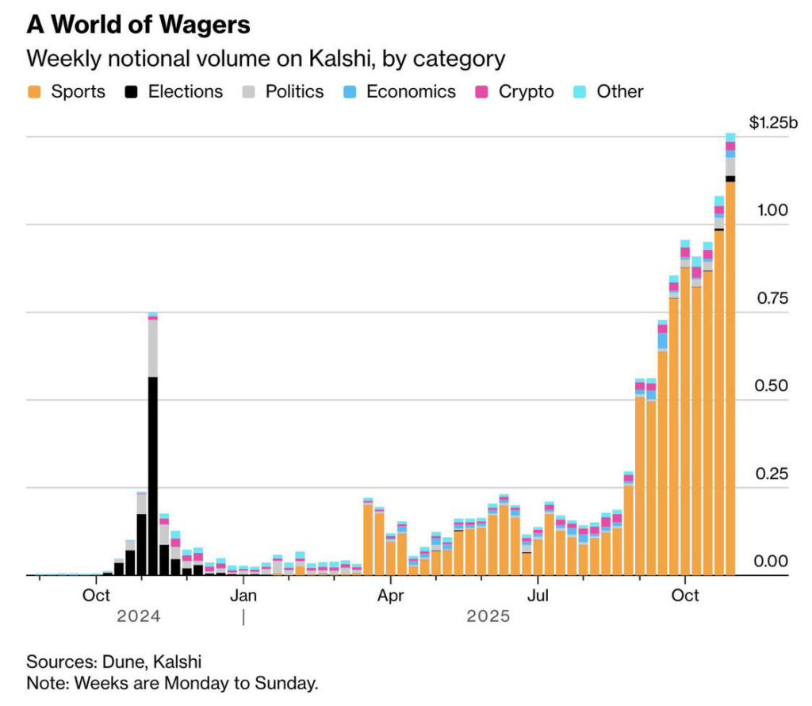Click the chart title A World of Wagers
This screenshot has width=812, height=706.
click(x=138, y=25)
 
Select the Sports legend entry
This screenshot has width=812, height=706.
click(x=67, y=91)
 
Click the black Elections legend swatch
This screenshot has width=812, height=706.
click(x=132, y=91)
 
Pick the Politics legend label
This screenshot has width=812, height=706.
click(x=294, y=91)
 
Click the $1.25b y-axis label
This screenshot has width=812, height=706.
click(x=773, y=122)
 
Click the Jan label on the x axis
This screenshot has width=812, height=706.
click(x=243, y=594)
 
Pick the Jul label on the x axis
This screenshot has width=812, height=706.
click(x=538, y=594)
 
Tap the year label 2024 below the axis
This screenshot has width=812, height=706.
click(x=138, y=616)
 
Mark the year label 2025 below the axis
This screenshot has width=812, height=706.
click(x=488, y=616)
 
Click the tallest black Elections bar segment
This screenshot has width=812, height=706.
click(x=152, y=476)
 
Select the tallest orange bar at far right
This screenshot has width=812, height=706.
click(x=730, y=381)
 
